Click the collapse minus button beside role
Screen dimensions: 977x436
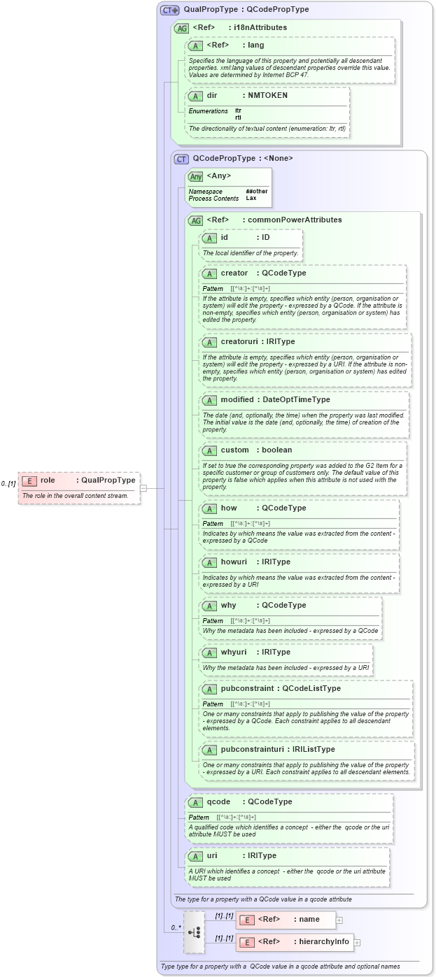143,488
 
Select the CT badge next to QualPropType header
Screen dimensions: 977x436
169,10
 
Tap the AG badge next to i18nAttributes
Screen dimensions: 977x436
181,28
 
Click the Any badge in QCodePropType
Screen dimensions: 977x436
196,176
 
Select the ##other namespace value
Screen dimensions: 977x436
256,191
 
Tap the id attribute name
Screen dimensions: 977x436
225,238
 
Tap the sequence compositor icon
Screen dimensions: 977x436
194,932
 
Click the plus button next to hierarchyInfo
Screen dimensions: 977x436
357,942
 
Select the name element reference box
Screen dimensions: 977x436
286,920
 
